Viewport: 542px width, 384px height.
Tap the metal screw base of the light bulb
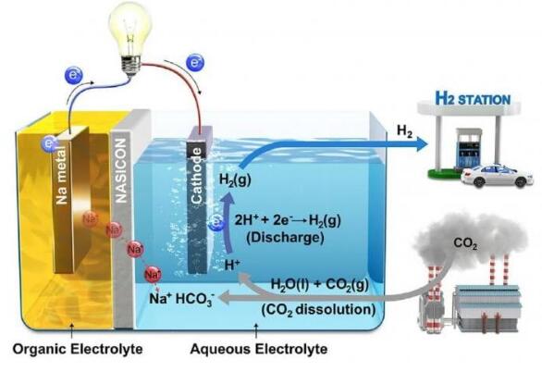point(131,66)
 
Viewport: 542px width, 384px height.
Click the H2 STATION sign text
point(473,99)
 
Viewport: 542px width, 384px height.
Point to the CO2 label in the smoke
point(465,244)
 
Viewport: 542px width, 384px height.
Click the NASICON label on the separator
point(121,170)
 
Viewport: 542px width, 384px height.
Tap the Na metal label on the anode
point(62,176)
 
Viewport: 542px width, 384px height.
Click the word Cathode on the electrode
point(196,176)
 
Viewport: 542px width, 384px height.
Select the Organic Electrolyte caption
point(78,349)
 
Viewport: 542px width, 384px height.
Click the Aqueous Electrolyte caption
point(259,349)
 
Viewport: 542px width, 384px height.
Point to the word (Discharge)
point(285,237)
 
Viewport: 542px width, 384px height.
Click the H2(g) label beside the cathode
point(235,180)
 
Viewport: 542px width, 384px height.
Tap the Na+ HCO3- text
point(182,299)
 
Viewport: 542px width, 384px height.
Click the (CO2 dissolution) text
point(318,310)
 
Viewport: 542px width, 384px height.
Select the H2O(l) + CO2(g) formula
point(320,285)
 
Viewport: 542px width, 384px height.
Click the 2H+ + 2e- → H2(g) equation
point(288,220)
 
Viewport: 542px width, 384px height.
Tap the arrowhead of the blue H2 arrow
point(422,143)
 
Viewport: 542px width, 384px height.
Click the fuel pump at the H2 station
point(468,148)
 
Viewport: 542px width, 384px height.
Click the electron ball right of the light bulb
point(195,63)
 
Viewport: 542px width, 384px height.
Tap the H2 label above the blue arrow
point(404,130)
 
